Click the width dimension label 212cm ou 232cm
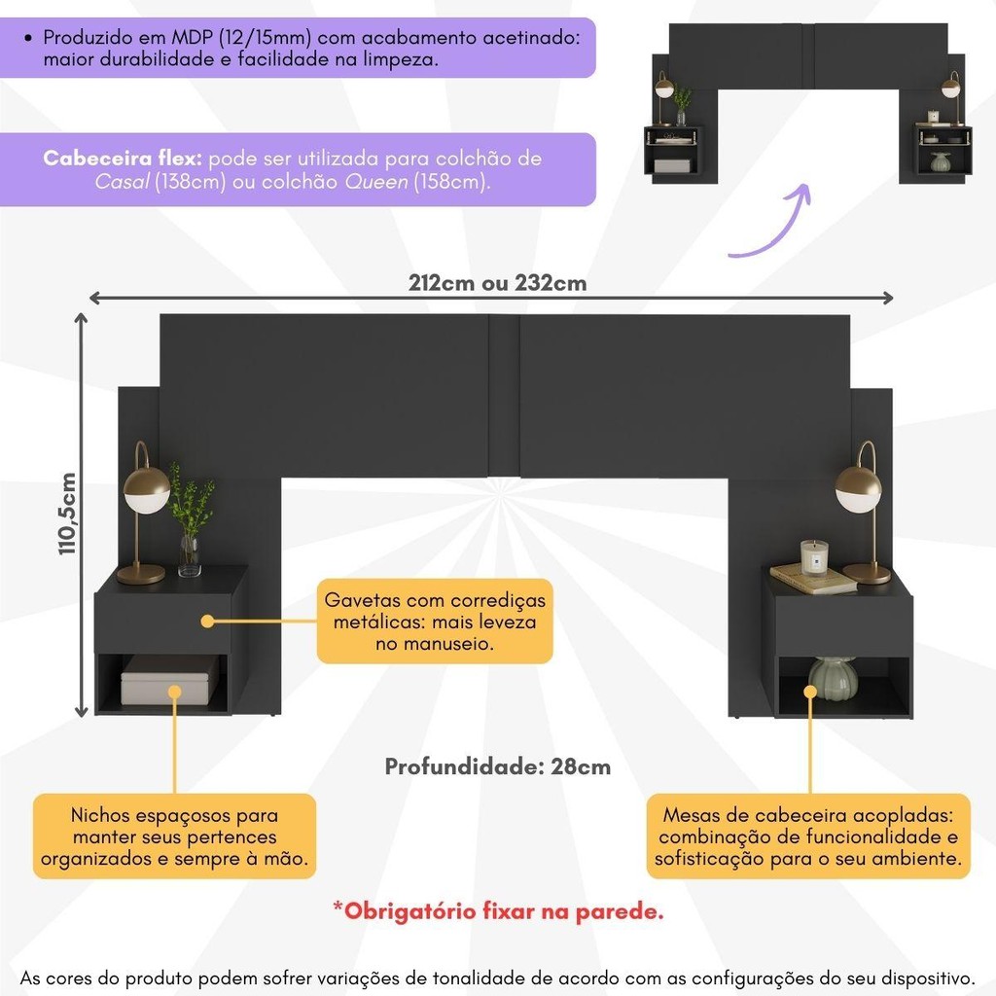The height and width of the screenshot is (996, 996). [497, 283]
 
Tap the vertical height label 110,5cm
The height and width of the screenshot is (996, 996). [67, 514]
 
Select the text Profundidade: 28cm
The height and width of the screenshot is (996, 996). [497, 766]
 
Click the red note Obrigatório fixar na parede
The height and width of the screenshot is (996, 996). [499, 911]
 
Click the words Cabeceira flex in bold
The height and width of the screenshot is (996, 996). [122, 159]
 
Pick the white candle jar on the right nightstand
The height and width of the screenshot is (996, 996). [814, 557]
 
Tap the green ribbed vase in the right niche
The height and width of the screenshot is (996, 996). [833, 678]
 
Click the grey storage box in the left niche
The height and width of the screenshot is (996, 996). [170, 680]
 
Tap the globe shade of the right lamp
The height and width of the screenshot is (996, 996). [858, 488]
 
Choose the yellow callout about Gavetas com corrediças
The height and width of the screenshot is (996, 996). [435, 622]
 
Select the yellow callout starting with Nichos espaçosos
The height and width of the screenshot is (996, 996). [175, 836]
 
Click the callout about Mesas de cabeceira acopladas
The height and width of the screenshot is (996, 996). [808, 836]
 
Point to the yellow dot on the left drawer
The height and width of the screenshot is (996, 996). [207, 622]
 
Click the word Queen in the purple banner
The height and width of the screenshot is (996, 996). [376, 182]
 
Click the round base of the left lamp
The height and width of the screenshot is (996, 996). [141, 576]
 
